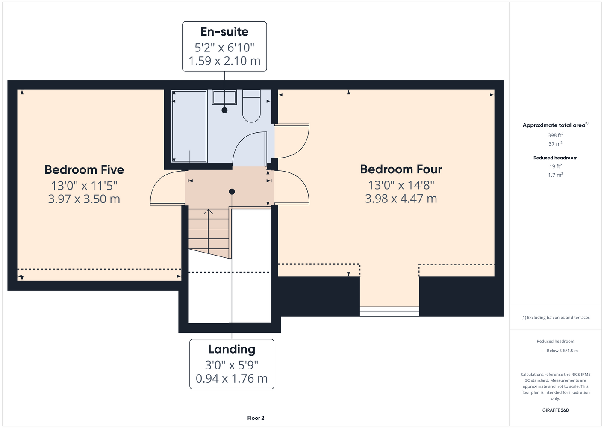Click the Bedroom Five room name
coord(84,170)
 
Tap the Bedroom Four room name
coord(401,169)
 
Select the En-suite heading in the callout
coord(224,32)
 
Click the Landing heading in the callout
coord(232,349)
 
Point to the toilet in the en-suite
coord(251,106)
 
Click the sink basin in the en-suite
coord(224,97)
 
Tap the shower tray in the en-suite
coord(189,126)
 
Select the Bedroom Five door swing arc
coord(156,184)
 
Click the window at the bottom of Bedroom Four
coord(389,311)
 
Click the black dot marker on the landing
coord(232,192)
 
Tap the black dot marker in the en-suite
coord(224,110)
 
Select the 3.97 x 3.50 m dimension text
coord(84,199)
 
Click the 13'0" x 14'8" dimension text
coord(401,185)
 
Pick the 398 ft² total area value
coord(555,135)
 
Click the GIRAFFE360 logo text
coord(555,410)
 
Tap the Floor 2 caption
coord(256,418)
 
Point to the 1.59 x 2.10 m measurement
coord(224,61)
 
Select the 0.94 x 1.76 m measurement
coord(232,378)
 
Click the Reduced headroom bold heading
coord(555,158)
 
